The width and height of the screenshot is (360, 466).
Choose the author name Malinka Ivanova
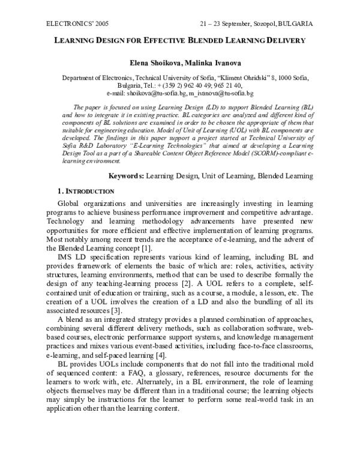click(x=206, y=62)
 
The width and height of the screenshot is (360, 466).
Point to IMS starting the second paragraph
click(x=65, y=259)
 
